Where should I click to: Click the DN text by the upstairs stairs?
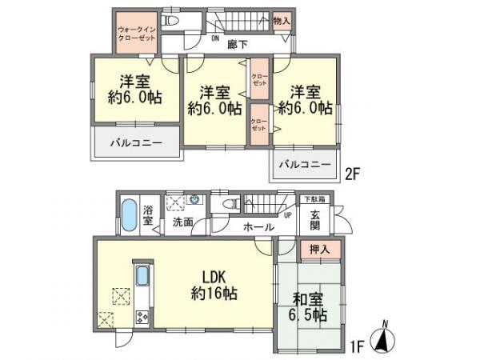click(215, 38)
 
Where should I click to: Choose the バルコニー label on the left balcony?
click(132, 142)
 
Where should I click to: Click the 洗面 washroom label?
click(182, 222)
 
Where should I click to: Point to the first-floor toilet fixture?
click(230, 205)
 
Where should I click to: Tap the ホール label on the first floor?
click(258, 227)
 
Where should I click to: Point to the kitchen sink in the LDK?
click(142, 278)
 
